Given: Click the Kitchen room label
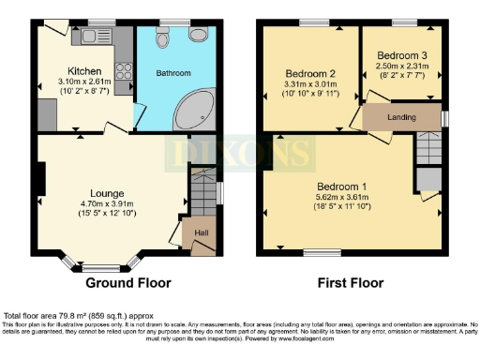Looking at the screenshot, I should [x=79, y=70].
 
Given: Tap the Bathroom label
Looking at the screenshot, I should [x=173, y=73].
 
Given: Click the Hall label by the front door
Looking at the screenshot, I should [x=201, y=232].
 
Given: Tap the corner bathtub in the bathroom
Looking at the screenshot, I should [x=195, y=110].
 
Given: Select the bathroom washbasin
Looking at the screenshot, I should [x=199, y=35].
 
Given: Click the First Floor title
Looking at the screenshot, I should [x=353, y=282].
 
